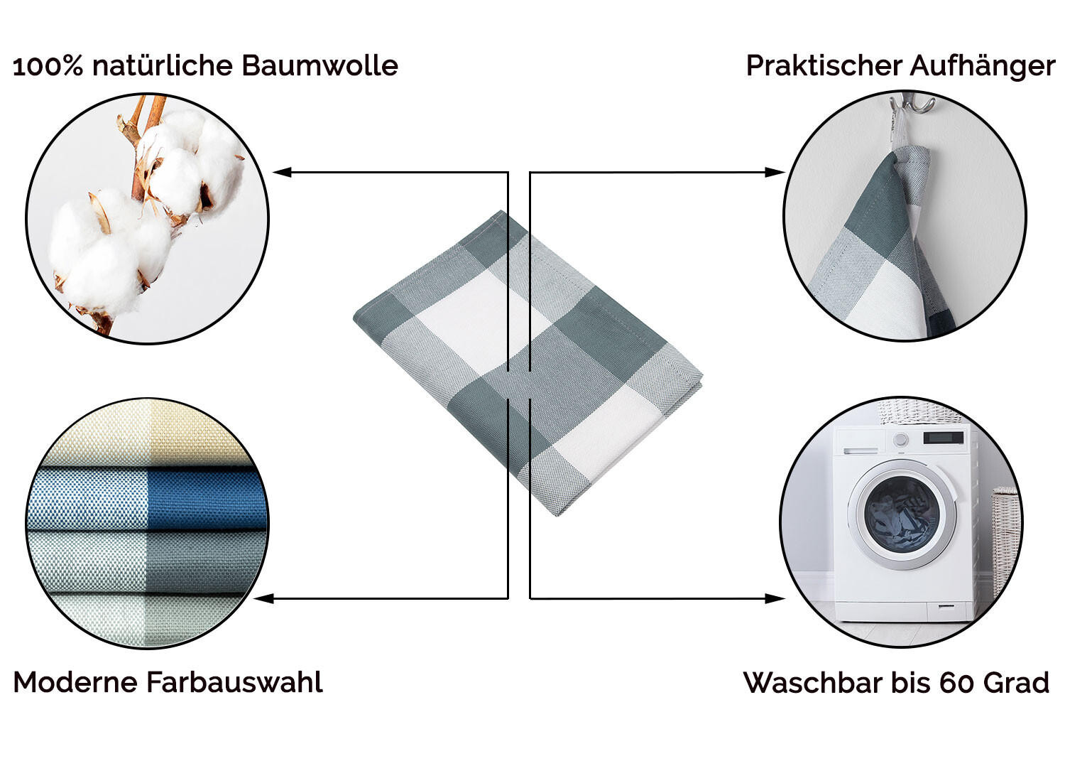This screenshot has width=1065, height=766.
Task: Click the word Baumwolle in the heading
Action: pyautogui.click(x=319, y=65)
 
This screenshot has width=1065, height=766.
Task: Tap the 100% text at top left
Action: pyautogui.click(x=48, y=66)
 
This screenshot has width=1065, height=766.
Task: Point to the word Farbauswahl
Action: pyautogui.click(x=235, y=681)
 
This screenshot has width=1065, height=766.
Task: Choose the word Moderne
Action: pyautogui.click(x=75, y=681)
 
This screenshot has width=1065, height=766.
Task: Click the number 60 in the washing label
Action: pyautogui.click(x=955, y=683)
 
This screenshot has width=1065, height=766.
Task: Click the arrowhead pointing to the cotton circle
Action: pyautogui.click(x=282, y=172)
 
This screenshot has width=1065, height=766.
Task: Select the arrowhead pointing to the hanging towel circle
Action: pyautogui.click(x=775, y=172)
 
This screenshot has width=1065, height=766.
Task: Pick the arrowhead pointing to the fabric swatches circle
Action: pyautogui.click(x=264, y=598)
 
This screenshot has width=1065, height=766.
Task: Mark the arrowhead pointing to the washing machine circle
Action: pyautogui.click(x=775, y=598)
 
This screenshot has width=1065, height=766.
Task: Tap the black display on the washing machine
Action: pyautogui.click(x=944, y=437)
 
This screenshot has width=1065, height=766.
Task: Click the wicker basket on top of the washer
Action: pyautogui.click(x=917, y=412)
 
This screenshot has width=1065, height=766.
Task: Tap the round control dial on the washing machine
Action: pyautogui.click(x=900, y=440)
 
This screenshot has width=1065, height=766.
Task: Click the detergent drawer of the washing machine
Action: pyautogui.click(x=861, y=450)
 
